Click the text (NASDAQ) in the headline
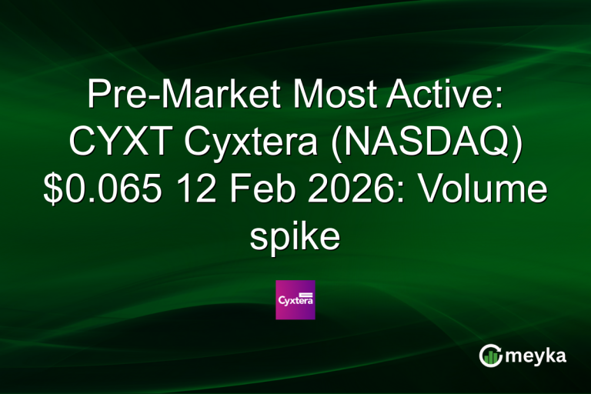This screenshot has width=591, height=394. [420, 142]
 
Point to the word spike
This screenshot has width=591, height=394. [295, 237]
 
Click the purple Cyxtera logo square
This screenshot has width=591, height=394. [295, 299]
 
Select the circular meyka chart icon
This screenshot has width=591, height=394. [490, 355]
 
